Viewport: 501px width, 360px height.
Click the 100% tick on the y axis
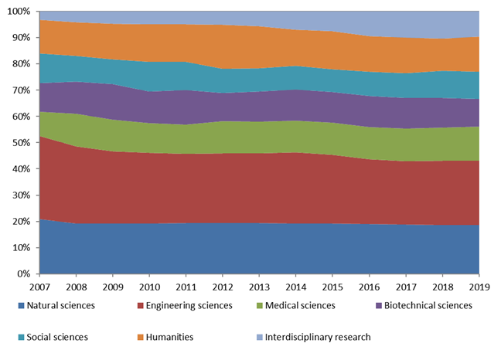pos(19,12)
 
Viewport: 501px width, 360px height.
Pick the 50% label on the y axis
pos(22,143)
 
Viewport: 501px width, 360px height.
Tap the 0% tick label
pos(25,274)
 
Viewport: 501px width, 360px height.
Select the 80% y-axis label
pos(22,64)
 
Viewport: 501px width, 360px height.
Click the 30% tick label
pos(22,195)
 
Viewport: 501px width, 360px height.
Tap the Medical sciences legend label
pos(301,305)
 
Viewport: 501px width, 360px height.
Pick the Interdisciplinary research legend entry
pos(316,337)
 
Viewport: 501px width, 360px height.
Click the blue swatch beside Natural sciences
pos(22,306)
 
